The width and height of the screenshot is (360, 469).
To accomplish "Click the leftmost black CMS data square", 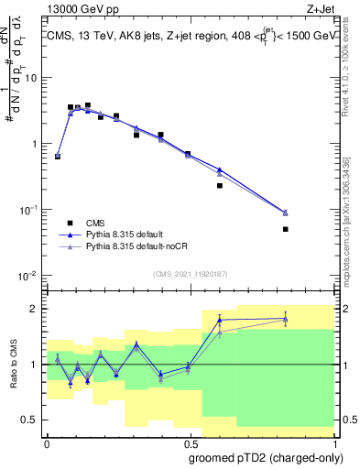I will pyautogui.click(x=58, y=157).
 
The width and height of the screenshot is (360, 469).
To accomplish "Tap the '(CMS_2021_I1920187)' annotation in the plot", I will pyautogui.click(x=190, y=273).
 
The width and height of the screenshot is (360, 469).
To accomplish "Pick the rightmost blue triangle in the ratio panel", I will pyautogui.click(x=286, y=318).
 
